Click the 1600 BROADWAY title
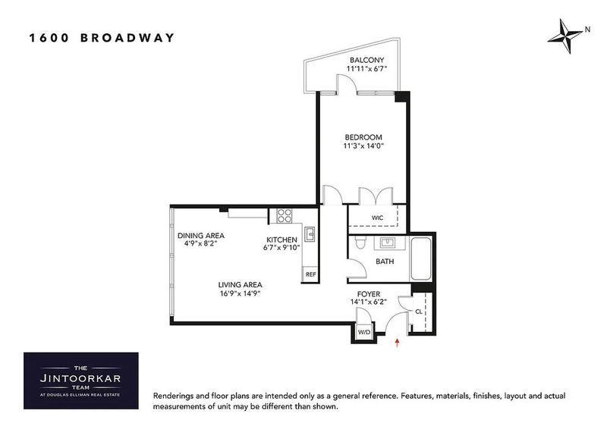tap(102, 38)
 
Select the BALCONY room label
tap(366, 60)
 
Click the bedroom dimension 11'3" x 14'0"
tap(363, 146)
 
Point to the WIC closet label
tap(377, 218)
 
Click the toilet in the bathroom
tap(360, 242)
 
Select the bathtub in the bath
tap(420, 258)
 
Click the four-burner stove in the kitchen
tap(284, 215)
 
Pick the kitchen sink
tap(310, 234)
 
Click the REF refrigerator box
tap(310, 274)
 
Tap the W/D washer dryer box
tap(364, 332)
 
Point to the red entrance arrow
tap(397, 343)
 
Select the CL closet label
tap(419, 312)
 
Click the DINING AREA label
tap(201, 236)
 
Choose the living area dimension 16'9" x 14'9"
tap(240, 293)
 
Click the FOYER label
tap(369, 294)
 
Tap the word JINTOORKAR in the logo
tap(80, 378)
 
